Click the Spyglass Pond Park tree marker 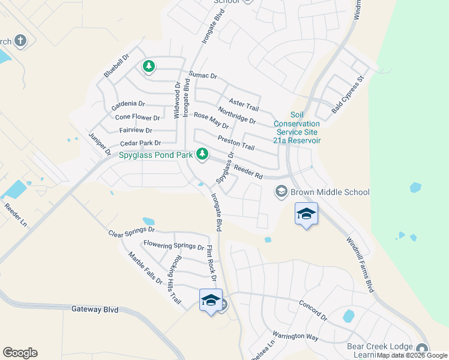[x=202, y=155]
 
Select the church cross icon [x=20, y=41]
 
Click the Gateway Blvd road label [x=95, y=310]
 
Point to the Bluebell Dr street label [x=116, y=67]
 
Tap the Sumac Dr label [x=203, y=76]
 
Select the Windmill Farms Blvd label [x=361, y=265]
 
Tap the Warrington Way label [x=295, y=335]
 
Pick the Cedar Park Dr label [x=140, y=143]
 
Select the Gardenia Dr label [x=128, y=104]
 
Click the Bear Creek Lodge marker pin [x=423, y=349]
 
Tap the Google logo [x=20, y=353]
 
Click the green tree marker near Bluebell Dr [x=148, y=67]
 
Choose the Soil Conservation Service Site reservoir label [x=297, y=127]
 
